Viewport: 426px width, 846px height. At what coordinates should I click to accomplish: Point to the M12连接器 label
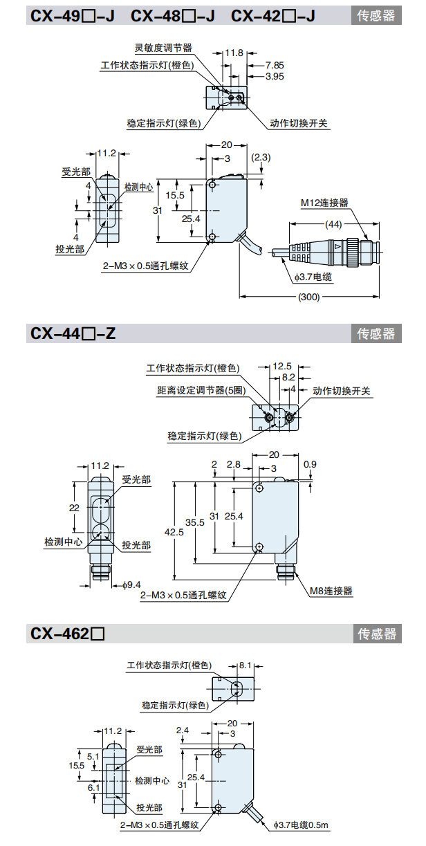[x=324, y=203]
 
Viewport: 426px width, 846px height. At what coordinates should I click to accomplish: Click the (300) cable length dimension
[x=308, y=297]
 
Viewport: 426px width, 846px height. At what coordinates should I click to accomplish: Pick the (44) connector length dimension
[x=334, y=224]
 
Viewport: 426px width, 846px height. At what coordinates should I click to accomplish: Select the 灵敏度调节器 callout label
[x=163, y=48]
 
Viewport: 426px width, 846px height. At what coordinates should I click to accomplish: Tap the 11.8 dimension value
[x=234, y=53]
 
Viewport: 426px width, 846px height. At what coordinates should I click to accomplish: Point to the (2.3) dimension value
[x=261, y=158]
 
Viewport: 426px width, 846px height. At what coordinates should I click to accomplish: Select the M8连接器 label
[x=331, y=591]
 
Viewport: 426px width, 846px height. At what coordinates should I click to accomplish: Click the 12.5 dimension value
[x=282, y=366]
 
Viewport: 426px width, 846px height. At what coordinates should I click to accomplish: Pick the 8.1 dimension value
[x=246, y=665]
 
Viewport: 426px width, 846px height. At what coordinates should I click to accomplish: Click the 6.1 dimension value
[x=93, y=787]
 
